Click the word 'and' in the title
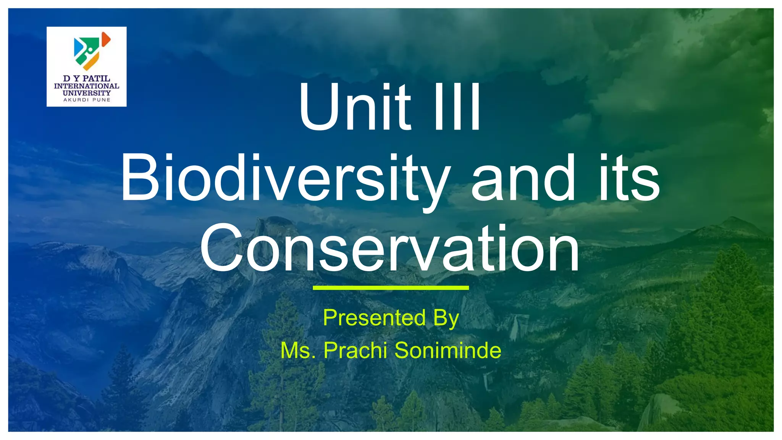point(523,178)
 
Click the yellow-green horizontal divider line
point(391,288)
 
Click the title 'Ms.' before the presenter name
point(298,351)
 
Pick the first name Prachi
point(355,350)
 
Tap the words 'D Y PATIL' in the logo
point(87,79)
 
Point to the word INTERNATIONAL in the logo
point(87,86)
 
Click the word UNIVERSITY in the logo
point(87,93)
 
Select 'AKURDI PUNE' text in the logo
point(87,100)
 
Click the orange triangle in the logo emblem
point(106,39)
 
